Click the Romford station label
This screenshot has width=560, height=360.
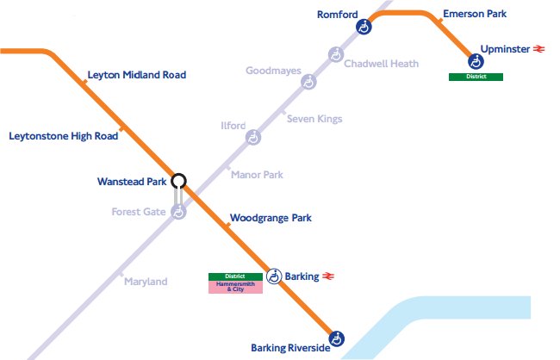click(337, 15)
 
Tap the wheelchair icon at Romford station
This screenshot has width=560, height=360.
click(364, 28)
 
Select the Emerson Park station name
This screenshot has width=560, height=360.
click(474, 15)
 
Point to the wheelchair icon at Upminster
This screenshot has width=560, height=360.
click(476, 61)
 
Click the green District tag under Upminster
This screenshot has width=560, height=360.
click(476, 77)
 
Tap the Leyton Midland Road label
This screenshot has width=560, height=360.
click(136, 75)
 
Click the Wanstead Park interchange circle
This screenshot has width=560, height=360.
click(178, 181)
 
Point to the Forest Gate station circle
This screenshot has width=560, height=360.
click(178, 212)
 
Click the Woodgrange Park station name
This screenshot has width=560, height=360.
click(271, 218)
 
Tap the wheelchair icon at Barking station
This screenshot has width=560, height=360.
click(274, 276)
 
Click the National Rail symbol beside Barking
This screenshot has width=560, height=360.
click(328, 276)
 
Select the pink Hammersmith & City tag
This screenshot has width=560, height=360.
click(235, 287)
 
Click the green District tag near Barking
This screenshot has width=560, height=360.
click(235, 276)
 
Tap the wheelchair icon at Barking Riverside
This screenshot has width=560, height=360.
click(338, 338)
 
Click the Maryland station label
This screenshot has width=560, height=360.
click(146, 282)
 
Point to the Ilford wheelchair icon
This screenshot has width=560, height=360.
click(253, 137)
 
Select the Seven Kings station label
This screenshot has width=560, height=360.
click(314, 119)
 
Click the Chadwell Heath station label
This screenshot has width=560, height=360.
click(381, 64)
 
